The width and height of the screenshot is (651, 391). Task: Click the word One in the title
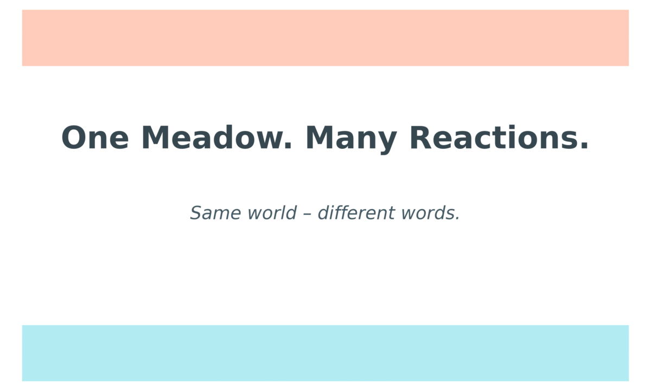pyautogui.click(x=95, y=138)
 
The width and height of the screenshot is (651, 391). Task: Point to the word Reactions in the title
pyautogui.click(x=491, y=138)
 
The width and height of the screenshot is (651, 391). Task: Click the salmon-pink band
pyautogui.click(x=325, y=37)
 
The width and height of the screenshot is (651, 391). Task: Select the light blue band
pyautogui.click(x=325, y=353)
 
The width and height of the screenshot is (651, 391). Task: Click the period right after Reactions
pyautogui.click(x=584, y=147)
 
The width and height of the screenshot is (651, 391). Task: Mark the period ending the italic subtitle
pyautogui.click(x=457, y=219)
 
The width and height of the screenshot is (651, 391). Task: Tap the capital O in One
pyautogui.click(x=73, y=138)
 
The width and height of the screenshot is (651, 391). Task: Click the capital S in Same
pyautogui.click(x=196, y=213)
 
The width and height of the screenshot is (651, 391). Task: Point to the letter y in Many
pyautogui.click(x=388, y=142)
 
